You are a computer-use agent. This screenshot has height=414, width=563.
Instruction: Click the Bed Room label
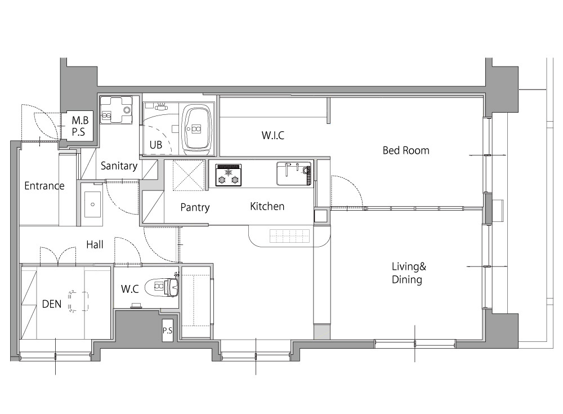[x=406, y=150]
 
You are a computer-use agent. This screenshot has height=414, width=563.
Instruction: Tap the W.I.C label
[x=273, y=136]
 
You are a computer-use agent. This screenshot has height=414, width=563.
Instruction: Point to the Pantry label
[x=195, y=207]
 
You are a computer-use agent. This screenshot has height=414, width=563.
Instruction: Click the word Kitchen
[x=267, y=206]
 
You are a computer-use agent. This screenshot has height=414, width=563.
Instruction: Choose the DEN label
[x=52, y=304]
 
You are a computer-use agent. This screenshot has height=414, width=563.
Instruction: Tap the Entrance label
[x=44, y=186]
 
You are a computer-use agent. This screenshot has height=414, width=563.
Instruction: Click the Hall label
[x=95, y=244]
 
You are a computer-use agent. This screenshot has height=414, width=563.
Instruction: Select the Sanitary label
[x=119, y=166]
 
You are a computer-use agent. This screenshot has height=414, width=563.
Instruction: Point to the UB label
[x=156, y=145]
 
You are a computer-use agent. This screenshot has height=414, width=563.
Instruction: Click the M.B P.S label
[x=80, y=126]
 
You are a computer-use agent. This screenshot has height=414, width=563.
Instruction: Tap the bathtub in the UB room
[x=196, y=130]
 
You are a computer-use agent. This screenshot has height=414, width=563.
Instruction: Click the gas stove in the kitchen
[x=229, y=175]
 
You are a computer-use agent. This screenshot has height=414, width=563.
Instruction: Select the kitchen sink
[x=294, y=173]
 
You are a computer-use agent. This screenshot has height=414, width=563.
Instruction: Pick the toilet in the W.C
[x=162, y=287]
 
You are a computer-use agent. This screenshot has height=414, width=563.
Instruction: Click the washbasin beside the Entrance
[x=92, y=204]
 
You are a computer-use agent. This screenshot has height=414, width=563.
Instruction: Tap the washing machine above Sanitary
[x=116, y=110]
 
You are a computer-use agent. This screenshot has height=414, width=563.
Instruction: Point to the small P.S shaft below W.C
[x=168, y=330]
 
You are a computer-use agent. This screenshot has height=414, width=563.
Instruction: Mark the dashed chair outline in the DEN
[x=78, y=301]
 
